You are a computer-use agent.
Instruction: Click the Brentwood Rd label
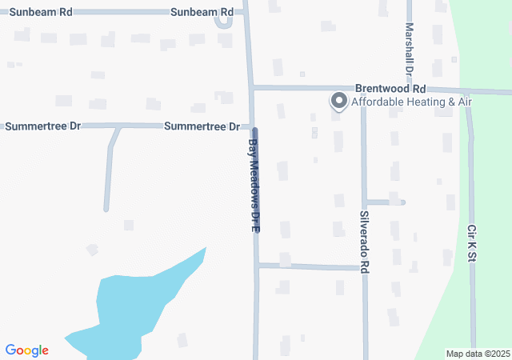[390, 88]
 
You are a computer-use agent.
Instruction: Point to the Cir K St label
[472, 244]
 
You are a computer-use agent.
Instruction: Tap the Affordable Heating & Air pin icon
[338, 102]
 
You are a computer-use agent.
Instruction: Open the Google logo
[26, 350]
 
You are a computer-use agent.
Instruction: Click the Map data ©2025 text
[477, 354]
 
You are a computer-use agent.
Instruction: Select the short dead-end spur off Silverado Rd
[385, 202]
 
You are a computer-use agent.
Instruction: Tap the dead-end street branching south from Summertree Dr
[108, 172]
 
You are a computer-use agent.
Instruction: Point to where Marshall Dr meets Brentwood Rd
[409, 89]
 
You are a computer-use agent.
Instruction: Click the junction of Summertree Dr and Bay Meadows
[252, 126]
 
